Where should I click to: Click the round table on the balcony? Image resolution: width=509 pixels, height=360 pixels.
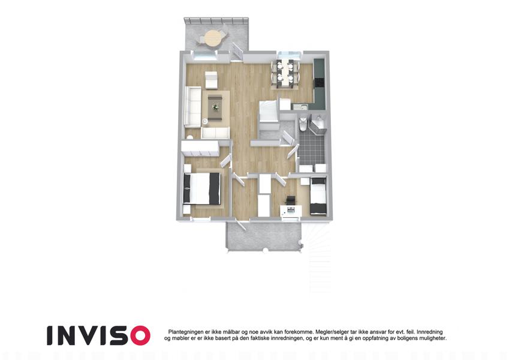click(x=213, y=38)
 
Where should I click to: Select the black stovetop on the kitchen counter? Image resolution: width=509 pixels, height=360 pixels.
click(x=319, y=83)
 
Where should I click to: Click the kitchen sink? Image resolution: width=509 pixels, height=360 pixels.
click(x=302, y=106)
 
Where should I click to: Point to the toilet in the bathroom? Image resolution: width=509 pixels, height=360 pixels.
click(x=302, y=124)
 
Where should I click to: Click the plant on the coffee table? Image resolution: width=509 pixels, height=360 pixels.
click(x=215, y=107)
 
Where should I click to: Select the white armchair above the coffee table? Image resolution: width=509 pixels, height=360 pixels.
click(x=211, y=79)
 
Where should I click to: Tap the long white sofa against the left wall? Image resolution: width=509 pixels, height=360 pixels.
click(x=193, y=107)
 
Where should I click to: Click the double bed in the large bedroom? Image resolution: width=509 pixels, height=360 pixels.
click(x=202, y=189)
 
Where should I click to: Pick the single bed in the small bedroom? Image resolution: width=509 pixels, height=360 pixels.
click(x=318, y=196)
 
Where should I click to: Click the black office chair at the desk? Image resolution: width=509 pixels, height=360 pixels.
click(x=291, y=200)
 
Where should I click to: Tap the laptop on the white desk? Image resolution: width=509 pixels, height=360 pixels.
click(x=291, y=209)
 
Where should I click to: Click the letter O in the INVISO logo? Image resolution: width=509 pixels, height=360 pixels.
click(x=138, y=335)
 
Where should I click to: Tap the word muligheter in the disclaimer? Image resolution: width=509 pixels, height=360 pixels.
click(x=433, y=338)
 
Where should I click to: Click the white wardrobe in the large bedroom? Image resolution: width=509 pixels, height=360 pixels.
click(x=200, y=148)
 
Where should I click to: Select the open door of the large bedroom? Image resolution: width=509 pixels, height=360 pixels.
click(x=225, y=161)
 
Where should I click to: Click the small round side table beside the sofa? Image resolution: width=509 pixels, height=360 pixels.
click(x=205, y=121)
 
